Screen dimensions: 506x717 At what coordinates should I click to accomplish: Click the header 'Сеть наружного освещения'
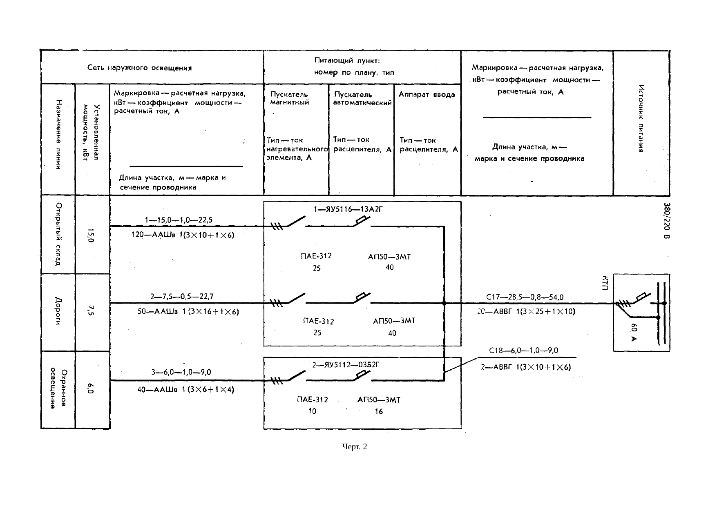coord(139,68)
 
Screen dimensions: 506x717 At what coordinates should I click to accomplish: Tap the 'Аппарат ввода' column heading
coord(427,95)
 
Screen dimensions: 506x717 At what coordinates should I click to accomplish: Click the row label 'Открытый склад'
coord(58,234)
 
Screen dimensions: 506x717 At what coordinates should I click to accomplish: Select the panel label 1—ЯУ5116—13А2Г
coord(348,209)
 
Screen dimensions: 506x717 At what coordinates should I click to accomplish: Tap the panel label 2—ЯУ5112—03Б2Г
coord(346,365)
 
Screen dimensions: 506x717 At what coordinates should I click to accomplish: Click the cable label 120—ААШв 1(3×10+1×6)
coord(183,235)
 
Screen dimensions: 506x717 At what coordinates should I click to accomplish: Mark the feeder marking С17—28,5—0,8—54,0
coord(525,297)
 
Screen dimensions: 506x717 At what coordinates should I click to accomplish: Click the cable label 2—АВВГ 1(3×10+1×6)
coord(525,367)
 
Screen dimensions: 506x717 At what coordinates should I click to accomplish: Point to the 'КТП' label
coord(605,283)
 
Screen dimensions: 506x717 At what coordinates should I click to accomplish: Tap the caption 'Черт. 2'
coord(355,447)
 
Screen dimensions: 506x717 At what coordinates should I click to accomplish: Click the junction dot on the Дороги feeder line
coord(444,303)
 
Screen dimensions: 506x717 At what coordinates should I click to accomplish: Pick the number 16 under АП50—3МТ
coord(379,411)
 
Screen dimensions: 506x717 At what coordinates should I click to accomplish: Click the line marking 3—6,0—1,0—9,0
coord(181,372)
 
